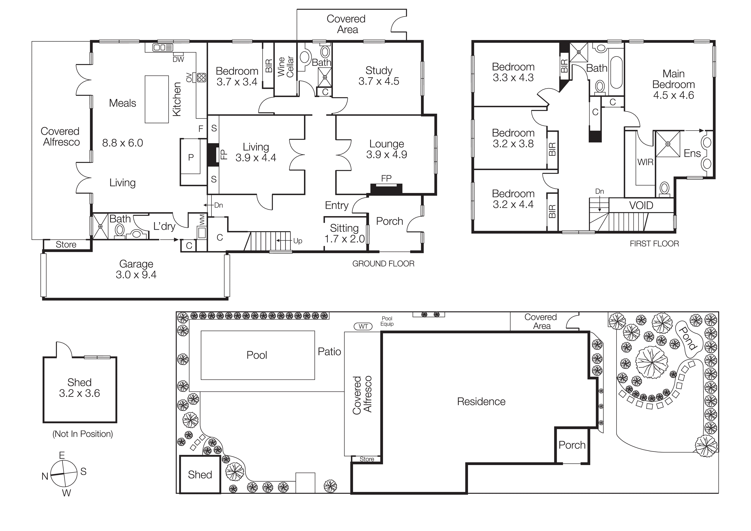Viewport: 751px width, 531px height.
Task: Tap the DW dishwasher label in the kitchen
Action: [x=178, y=60]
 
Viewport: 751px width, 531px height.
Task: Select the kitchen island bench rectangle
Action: [x=157, y=99]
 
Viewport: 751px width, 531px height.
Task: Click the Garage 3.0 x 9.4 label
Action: [x=136, y=269]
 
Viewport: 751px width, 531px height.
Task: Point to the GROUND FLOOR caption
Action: [x=383, y=264]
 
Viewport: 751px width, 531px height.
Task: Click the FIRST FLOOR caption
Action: [x=654, y=244]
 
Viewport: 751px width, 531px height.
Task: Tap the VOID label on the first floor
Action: [x=641, y=205]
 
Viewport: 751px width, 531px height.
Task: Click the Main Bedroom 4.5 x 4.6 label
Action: [x=674, y=84]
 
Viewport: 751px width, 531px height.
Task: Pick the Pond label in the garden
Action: [x=687, y=338]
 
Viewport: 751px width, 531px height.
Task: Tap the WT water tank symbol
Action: [x=363, y=326]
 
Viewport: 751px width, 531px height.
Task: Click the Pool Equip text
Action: [x=387, y=321]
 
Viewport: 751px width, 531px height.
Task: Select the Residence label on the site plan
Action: [x=481, y=402]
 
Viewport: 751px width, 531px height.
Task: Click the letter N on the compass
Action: [x=45, y=476]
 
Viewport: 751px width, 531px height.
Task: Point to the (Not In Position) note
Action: [x=83, y=434]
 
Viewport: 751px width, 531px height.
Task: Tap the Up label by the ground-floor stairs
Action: [x=298, y=241]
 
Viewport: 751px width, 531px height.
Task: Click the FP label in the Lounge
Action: [x=386, y=178]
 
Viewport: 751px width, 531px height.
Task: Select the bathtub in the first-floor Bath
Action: [x=617, y=73]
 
